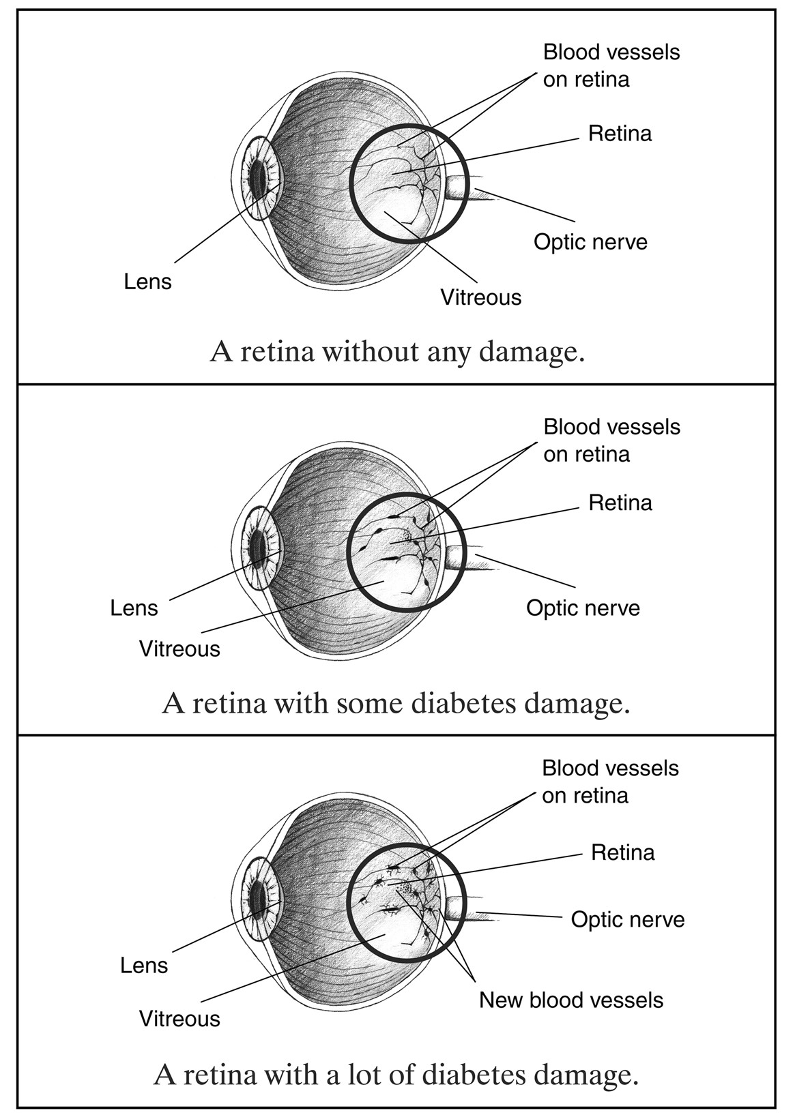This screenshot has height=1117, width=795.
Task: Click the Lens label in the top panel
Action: point(147,282)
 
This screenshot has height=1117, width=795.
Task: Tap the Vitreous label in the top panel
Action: point(480,297)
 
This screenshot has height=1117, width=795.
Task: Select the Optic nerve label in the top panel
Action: point(590,242)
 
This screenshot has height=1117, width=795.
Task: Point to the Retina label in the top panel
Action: point(620,134)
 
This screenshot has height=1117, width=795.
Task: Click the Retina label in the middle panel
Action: point(620,503)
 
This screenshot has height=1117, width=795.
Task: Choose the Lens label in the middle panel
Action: point(134,608)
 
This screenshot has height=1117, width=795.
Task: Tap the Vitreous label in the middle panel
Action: point(179,649)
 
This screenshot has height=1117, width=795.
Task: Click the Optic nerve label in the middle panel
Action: point(583,608)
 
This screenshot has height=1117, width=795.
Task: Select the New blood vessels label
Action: point(570,1000)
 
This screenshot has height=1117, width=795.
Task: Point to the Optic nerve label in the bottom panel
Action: point(627,919)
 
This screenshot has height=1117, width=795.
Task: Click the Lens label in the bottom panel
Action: point(143,965)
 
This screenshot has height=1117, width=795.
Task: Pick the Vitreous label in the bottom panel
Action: point(179,1019)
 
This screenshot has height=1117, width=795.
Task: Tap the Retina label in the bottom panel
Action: point(622,852)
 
